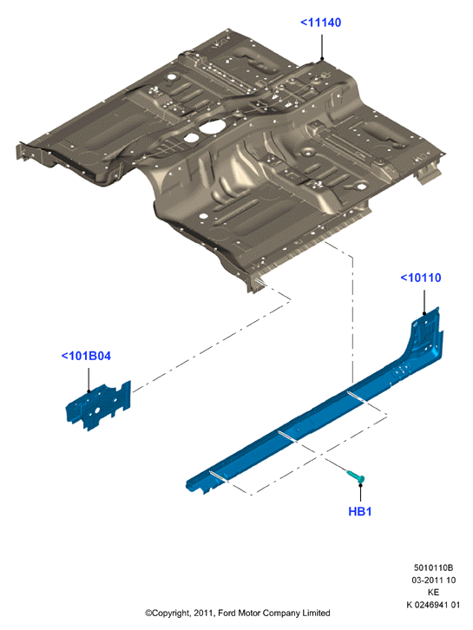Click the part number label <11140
[x=321, y=23]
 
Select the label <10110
[x=421, y=278]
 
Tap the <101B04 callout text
[x=86, y=356]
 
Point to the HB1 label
[x=360, y=511]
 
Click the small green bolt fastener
[x=356, y=476]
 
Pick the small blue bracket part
[x=99, y=405]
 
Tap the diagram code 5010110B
[x=433, y=568]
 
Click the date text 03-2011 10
[x=433, y=581]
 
